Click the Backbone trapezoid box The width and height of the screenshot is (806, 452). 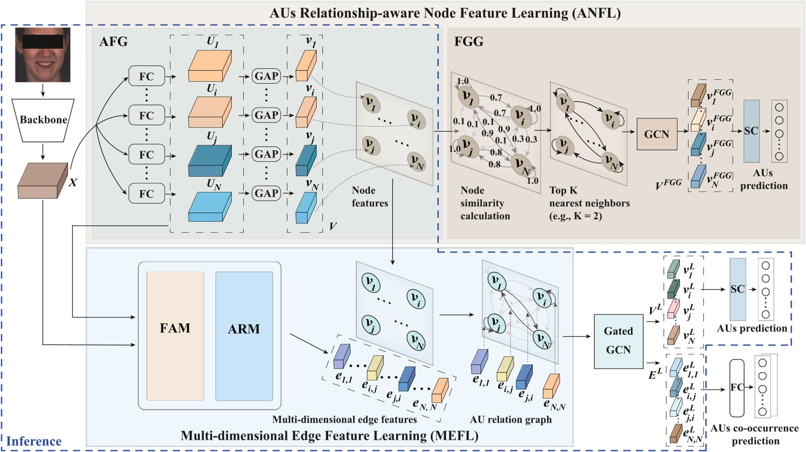43,120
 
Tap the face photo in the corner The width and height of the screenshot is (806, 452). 43,55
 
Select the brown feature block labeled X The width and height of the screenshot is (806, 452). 42,181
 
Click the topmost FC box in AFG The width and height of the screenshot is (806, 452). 146,76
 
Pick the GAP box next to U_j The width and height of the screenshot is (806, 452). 266,154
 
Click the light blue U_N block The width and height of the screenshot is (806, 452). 210,207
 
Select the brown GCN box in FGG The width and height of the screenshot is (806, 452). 656,134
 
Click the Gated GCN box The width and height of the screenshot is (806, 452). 618,341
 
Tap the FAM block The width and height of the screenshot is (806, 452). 175,336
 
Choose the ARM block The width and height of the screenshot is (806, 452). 244,336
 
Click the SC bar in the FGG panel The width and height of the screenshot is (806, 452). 751,131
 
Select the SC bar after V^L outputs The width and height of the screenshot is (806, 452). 737,289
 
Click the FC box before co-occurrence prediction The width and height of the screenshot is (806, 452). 737,388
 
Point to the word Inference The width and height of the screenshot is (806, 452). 34,441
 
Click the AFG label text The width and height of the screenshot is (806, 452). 114,42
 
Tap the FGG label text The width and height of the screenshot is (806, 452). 469,42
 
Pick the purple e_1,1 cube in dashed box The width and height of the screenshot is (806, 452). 342,357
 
